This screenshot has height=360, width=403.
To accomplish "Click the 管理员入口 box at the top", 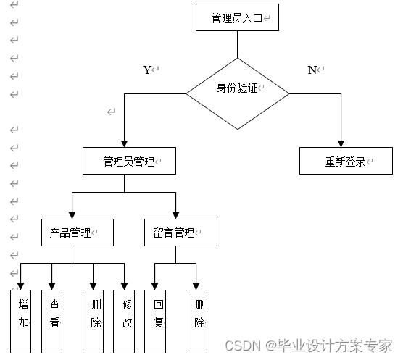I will click(x=237, y=18).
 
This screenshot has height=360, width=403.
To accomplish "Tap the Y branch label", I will click(x=148, y=70).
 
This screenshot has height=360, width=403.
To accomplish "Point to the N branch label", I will click(x=312, y=70).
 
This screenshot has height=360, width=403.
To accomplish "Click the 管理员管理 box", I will click(x=129, y=161).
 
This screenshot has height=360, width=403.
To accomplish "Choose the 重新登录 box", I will click(x=346, y=161).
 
